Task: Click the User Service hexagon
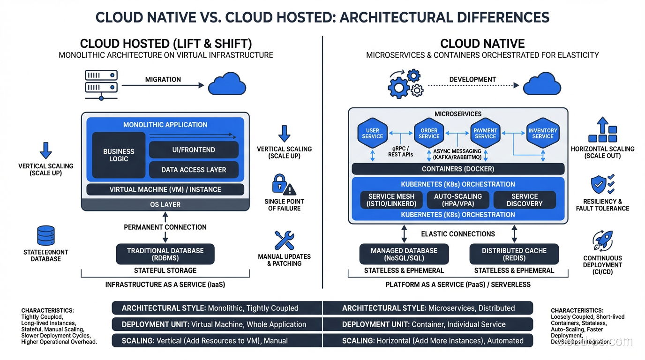tap(373, 134)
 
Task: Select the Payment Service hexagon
tap(485, 134)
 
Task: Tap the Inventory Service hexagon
tap(542, 134)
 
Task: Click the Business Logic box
tap(119, 155)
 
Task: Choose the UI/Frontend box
tap(194, 150)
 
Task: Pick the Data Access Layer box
tap(194, 170)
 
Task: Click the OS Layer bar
tap(165, 204)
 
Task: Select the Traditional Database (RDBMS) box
tap(165, 254)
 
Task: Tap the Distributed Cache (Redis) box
tap(514, 254)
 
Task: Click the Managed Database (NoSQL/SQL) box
tap(404, 254)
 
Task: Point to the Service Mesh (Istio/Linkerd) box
tap(392, 200)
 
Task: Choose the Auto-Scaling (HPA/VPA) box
tap(457, 200)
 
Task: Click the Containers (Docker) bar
tap(457, 169)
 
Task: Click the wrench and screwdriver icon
tap(284, 240)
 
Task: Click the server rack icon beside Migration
tap(101, 84)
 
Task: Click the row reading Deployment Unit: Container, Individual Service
tap(427, 324)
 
